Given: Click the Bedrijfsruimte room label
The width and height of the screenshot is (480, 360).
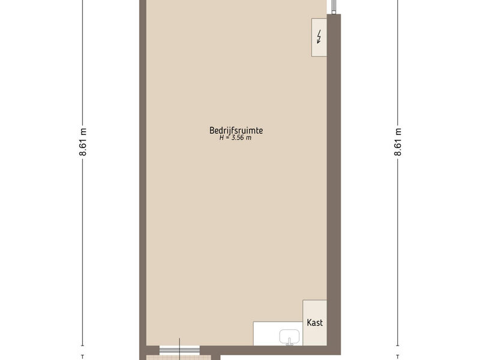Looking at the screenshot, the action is pyautogui.click(x=236, y=130).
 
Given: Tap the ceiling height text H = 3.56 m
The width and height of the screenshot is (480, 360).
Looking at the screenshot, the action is pyautogui.click(x=235, y=138).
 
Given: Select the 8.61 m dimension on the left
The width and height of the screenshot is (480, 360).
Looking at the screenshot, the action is pyautogui.click(x=83, y=142).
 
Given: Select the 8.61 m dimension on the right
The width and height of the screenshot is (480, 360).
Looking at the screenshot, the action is pyautogui.click(x=398, y=142).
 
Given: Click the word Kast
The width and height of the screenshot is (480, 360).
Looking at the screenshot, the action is pyautogui.click(x=314, y=323).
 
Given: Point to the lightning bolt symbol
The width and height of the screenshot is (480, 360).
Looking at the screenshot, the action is pyautogui.click(x=319, y=37).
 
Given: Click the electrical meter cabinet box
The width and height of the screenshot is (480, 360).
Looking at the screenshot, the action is pyautogui.click(x=319, y=37).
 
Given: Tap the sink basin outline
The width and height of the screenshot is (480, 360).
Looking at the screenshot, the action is pyautogui.click(x=289, y=336).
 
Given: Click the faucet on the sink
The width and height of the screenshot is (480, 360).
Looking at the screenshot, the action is pyautogui.click(x=289, y=341).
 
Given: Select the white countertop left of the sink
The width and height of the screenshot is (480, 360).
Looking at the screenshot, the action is pyautogui.click(x=266, y=334).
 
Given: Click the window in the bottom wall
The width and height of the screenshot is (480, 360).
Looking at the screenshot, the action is pyautogui.click(x=179, y=350).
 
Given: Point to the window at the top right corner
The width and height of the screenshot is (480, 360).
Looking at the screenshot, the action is pyautogui.click(x=334, y=7).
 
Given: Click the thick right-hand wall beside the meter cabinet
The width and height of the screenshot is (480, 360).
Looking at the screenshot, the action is pyautogui.click(x=334, y=92).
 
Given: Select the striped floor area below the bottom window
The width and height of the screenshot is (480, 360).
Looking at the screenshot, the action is pyautogui.click(x=179, y=358).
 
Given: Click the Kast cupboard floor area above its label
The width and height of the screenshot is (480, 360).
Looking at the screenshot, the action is pyautogui.click(x=314, y=308).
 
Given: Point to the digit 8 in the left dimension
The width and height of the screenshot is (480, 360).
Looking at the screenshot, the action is pyautogui.click(x=83, y=153).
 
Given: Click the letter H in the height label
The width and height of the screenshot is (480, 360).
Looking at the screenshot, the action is pyautogui.click(x=221, y=138).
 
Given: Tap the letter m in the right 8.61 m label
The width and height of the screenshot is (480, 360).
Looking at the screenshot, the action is pyautogui.click(x=398, y=131).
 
